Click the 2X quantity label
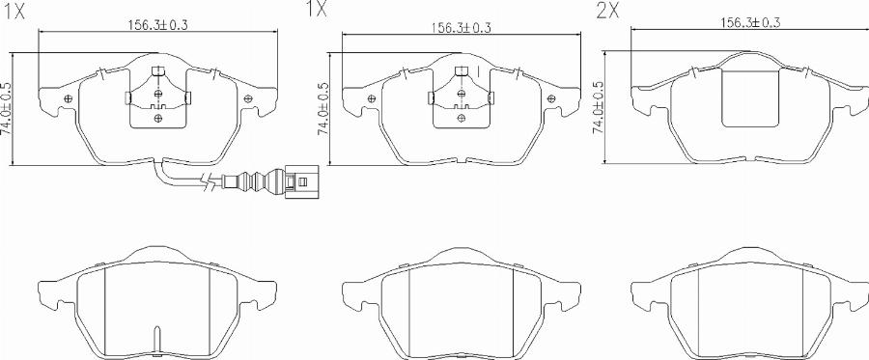[x=607, y=11]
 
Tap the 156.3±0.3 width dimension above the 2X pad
[x=750, y=23]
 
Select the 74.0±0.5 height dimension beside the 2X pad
[x=597, y=107]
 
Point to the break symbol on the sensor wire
[x=209, y=181]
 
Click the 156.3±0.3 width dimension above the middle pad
[x=462, y=28]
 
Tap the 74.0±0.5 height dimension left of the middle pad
[x=323, y=108]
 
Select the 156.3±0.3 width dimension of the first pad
[x=159, y=25]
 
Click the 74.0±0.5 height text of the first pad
[x=6, y=109]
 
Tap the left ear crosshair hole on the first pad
[x=69, y=98]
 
